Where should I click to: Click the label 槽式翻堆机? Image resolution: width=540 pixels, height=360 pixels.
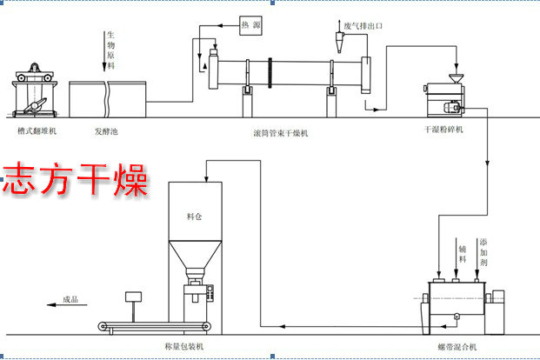(31, 132)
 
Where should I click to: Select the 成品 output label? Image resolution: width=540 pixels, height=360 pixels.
(70, 301)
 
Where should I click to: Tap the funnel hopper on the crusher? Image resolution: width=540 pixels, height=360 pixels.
(454, 79)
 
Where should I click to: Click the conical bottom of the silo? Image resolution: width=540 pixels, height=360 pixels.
(192, 259)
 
